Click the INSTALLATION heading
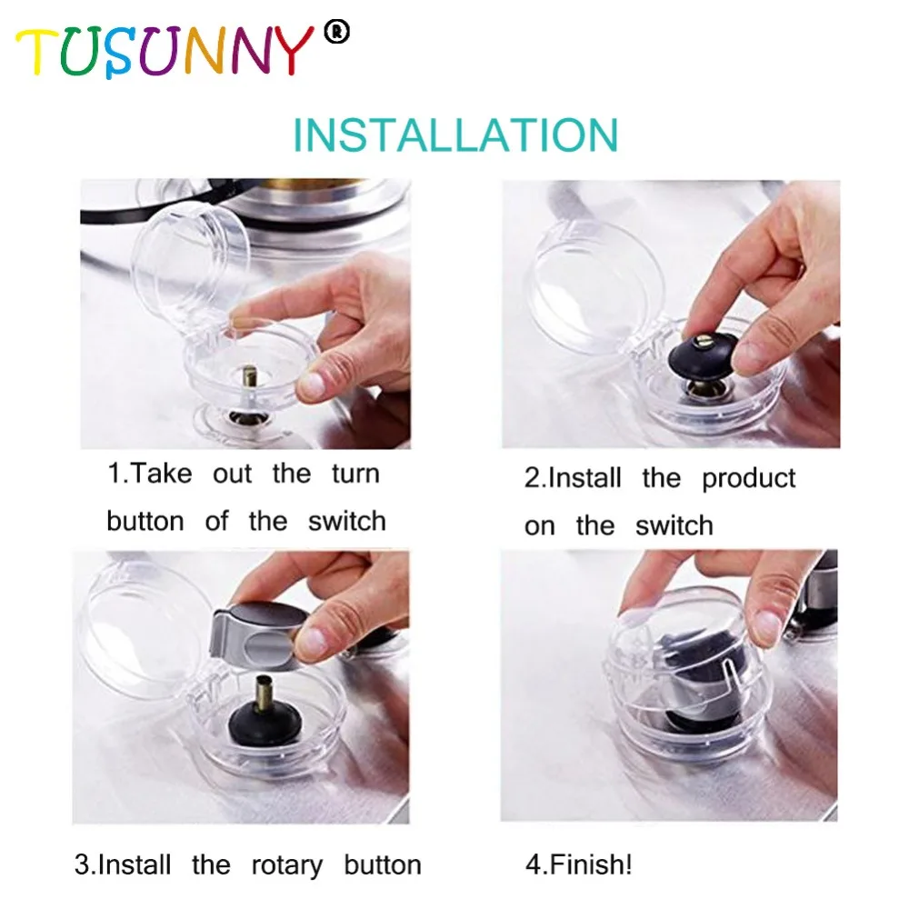(x=455, y=135)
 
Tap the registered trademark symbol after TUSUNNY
(x=337, y=32)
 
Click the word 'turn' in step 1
(x=355, y=474)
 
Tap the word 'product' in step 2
(x=748, y=480)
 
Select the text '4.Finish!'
(x=578, y=864)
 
